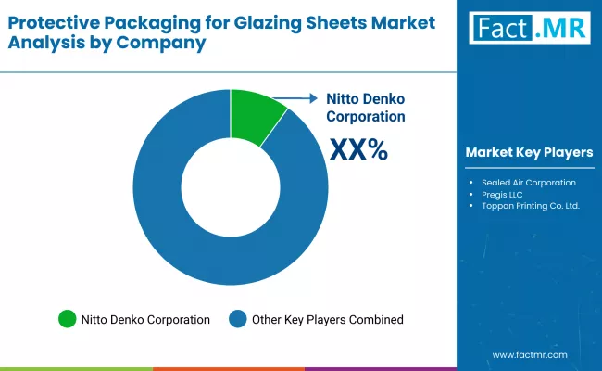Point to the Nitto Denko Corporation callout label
pos(365,108)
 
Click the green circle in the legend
pos(67,319)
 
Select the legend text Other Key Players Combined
pos(328,319)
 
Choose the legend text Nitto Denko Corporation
pos(145,319)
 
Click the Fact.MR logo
pos(529,28)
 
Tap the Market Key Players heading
pos(529,152)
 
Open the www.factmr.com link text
pos(529,354)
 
